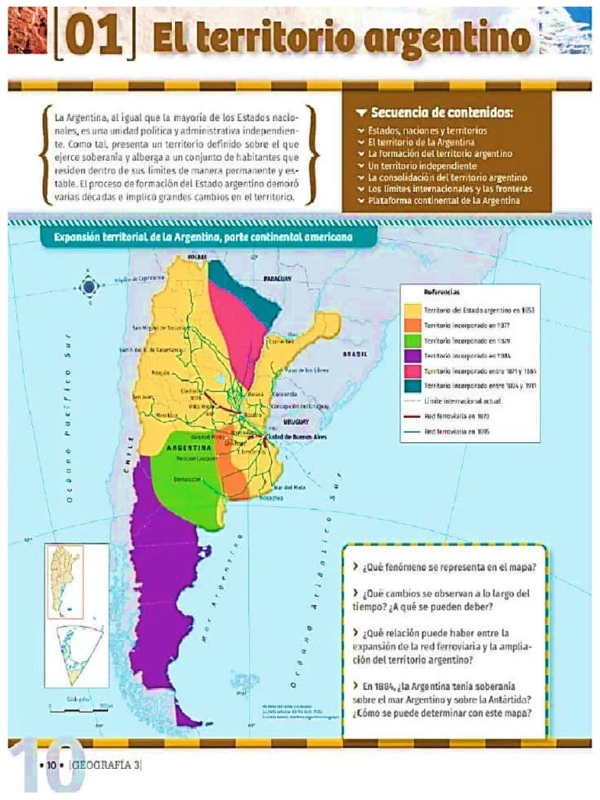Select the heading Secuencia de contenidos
[441, 112]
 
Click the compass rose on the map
[89, 287]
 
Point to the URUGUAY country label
[297, 421]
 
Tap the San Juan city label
[143, 397]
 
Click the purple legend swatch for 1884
[412, 355]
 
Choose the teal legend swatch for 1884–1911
[412, 386]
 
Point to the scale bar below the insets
[79, 709]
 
